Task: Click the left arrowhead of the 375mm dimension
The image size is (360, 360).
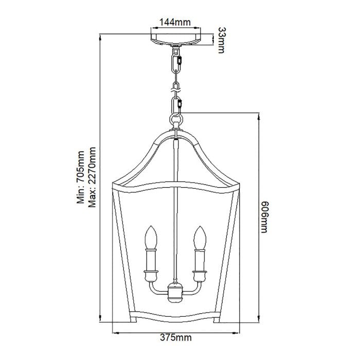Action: (114, 331)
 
